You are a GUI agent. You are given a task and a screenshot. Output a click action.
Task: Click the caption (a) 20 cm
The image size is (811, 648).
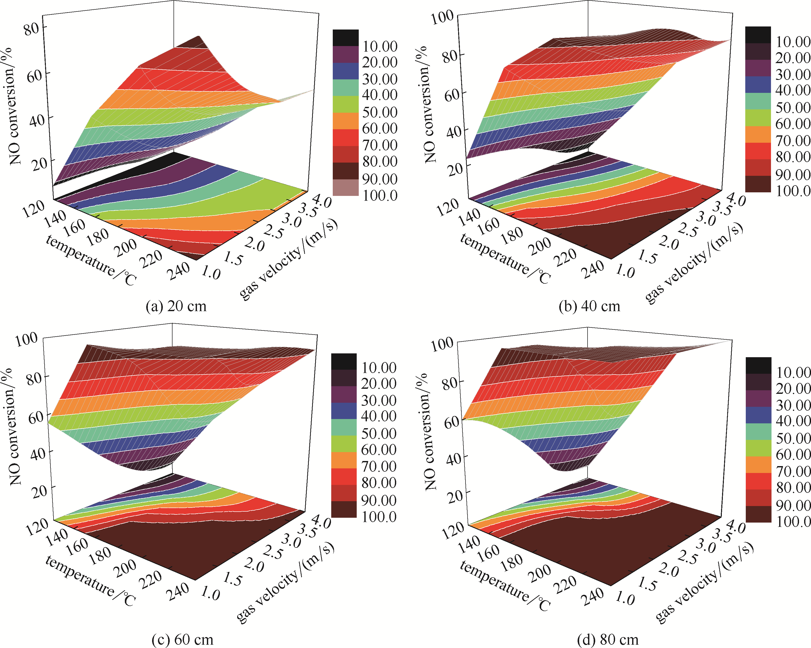click(176, 306)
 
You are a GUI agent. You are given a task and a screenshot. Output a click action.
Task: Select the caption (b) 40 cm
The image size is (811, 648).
click(589, 306)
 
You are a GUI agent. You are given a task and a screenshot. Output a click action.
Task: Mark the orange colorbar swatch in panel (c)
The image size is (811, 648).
click(344, 460)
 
